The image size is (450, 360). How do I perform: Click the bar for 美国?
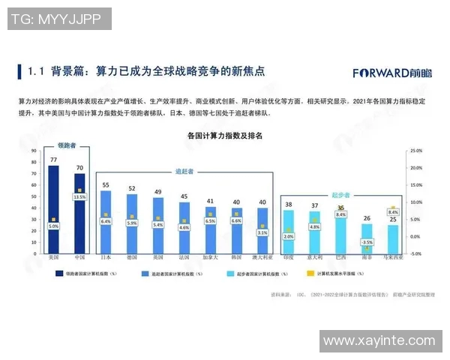tap(53, 210)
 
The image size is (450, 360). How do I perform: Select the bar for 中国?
tap(79, 214)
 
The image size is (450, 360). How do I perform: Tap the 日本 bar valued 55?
tap(106, 222)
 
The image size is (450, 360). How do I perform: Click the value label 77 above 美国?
tap(53, 160)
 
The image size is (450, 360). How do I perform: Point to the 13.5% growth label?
tap(79, 197)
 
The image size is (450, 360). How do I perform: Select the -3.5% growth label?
tap(367, 242)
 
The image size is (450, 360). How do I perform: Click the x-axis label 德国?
tap(132, 257)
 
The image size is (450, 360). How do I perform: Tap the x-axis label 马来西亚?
tap(393, 257)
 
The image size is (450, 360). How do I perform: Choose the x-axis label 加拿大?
tap(210, 257)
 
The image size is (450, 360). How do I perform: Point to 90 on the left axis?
tap(34, 151)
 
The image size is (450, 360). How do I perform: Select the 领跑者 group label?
tap(67, 145)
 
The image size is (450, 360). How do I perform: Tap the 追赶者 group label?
tap(184, 171)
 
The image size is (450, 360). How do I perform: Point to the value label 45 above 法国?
tap(184, 196)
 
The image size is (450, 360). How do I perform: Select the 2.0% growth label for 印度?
tap(289, 235)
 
